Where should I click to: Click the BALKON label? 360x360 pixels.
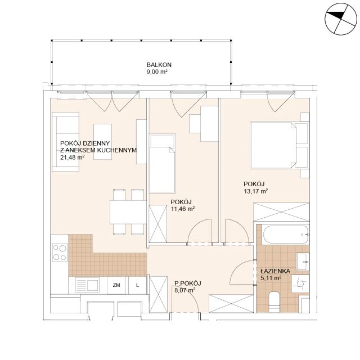point(159,65)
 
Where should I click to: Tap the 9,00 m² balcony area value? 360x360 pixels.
point(157,71)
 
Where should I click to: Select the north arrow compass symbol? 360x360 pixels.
point(341,19)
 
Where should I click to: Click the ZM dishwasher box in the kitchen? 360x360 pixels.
point(116,285)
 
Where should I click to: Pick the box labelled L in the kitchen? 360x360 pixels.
point(137,285)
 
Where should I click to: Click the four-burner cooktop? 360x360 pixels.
point(60,253)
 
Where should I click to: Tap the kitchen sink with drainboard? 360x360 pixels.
point(87,285)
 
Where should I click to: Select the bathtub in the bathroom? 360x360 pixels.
point(286,235)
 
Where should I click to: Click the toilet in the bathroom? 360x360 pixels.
point(274,302)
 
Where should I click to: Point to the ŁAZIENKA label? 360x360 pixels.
point(276,271)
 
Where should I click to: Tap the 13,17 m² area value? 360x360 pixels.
point(256,191)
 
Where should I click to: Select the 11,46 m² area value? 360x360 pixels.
point(183,209)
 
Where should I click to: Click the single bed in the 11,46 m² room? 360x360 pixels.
point(163,164)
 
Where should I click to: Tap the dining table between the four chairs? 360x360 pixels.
point(128,212)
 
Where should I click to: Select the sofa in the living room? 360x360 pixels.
point(66,142)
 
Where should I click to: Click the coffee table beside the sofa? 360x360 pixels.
point(102,142)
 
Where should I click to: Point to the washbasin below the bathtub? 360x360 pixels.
point(303,262)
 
